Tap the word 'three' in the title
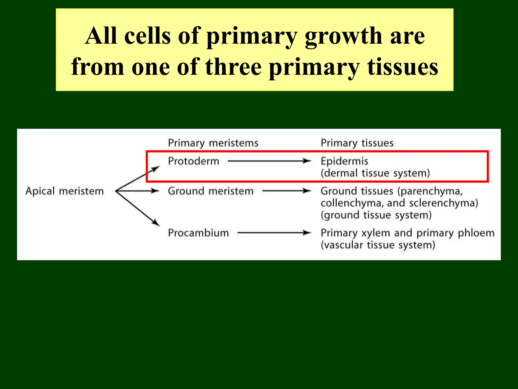(x=233, y=67)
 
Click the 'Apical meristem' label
(x=64, y=191)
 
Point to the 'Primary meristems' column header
(x=213, y=143)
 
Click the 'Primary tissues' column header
(x=357, y=143)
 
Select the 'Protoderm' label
(x=193, y=161)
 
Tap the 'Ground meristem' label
(x=210, y=191)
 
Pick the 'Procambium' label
(x=198, y=233)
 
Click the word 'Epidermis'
(x=344, y=161)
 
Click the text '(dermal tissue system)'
(x=375, y=173)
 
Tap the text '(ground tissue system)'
(x=376, y=215)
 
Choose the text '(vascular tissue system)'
(x=378, y=245)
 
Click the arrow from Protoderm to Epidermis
(x=269, y=161)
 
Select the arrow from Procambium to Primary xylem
(x=274, y=233)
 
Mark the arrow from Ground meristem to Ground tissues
(x=287, y=191)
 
